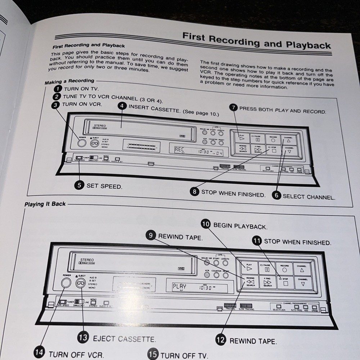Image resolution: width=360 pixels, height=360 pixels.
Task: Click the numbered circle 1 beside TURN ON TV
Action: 58,88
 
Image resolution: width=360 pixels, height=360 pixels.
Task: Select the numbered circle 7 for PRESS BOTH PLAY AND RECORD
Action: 234,107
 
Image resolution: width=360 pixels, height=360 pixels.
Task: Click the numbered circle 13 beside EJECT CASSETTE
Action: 83,338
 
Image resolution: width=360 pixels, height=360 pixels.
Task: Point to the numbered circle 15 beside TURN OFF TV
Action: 153,354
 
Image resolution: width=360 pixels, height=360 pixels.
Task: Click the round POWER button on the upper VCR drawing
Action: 82,143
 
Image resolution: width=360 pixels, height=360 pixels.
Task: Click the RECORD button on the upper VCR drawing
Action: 273,139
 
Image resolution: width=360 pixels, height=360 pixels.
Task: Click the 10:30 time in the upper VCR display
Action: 204,152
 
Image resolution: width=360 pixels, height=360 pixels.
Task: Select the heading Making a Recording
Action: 69,81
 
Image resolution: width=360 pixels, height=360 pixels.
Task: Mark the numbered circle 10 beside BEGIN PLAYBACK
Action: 206,224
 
